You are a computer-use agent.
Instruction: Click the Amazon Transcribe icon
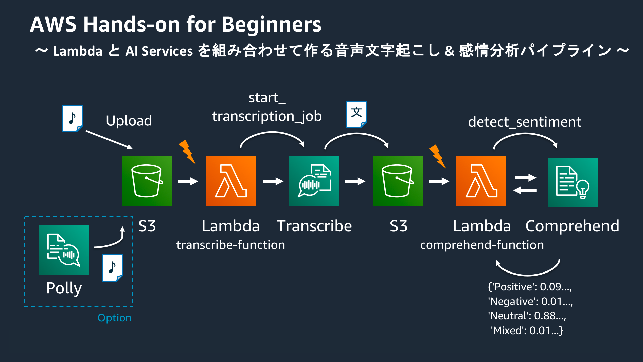click(x=314, y=181)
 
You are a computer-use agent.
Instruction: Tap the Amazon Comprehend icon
click(x=573, y=182)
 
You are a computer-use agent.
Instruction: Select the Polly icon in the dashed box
click(x=64, y=250)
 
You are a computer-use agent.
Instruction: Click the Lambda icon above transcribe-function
click(x=231, y=181)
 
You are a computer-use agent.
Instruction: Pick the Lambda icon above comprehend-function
click(x=481, y=181)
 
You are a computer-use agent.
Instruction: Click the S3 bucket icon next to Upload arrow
click(x=147, y=181)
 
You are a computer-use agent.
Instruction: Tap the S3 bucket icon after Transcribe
click(x=398, y=181)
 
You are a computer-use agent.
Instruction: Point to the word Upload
click(x=129, y=121)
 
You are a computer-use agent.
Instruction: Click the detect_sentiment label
click(x=524, y=122)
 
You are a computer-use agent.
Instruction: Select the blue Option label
click(x=114, y=318)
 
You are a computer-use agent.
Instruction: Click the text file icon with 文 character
click(x=356, y=115)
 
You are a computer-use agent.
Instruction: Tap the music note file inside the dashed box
click(x=112, y=268)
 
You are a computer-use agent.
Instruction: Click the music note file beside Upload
click(x=72, y=119)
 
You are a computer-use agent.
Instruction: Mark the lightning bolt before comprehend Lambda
click(x=437, y=156)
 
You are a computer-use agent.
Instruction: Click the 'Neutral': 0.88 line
click(x=527, y=316)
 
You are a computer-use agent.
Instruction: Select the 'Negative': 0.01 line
click(x=530, y=301)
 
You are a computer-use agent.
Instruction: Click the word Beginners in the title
click(x=271, y=24)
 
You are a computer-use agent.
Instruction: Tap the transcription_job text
click(x=267, y=116)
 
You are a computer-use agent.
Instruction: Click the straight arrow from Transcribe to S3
click(x=355, y=181)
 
